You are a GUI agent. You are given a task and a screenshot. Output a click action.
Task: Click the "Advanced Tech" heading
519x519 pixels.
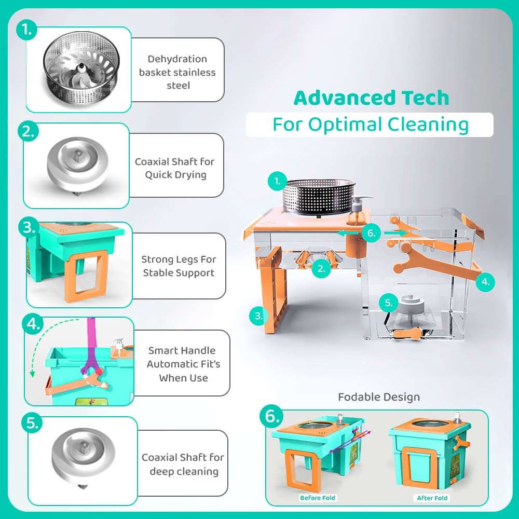pos(371,98)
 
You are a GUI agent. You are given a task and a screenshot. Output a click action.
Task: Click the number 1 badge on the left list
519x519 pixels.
pos(26,30)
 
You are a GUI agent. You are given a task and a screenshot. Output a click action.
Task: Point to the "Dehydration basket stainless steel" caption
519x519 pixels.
pos(177,72)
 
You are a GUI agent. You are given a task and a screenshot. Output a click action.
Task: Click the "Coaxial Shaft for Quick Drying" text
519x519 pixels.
pos(175,168)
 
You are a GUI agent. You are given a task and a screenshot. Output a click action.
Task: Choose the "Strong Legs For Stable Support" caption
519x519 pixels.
pos(179,266)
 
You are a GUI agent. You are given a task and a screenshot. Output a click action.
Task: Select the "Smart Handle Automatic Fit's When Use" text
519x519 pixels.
pos(183,364)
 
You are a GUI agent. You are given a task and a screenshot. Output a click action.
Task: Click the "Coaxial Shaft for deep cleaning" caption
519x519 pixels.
pos(183,464)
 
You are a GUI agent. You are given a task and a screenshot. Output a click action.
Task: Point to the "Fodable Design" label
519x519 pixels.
pos(379,397)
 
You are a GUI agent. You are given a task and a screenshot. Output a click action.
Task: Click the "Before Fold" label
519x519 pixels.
pos(318,498)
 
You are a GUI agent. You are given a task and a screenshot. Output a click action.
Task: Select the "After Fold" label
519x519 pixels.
pos(432,498)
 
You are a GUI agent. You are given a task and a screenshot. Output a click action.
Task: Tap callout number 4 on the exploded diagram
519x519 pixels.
pos(485,282)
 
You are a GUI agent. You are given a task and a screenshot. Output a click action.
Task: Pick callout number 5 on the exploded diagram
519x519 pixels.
pos(389,303)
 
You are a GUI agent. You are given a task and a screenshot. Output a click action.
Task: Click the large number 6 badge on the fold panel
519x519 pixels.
pos(271,416)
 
